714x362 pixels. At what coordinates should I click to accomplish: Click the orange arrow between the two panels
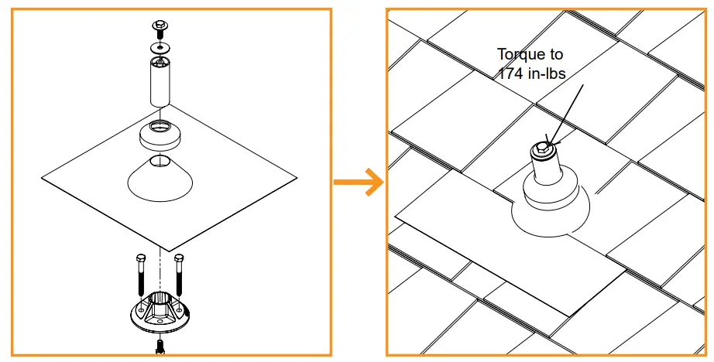coord(359,183)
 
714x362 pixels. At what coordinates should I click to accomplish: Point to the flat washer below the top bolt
coord(160,48)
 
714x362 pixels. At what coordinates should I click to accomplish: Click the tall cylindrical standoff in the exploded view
coord(160,81)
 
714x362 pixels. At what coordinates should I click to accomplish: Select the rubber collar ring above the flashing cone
coord(160,136)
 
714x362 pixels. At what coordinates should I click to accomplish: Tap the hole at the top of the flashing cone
coord(160,160)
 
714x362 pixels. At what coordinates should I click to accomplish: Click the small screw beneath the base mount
coord(160,346)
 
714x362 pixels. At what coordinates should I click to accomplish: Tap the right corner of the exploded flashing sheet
coord(296,180)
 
